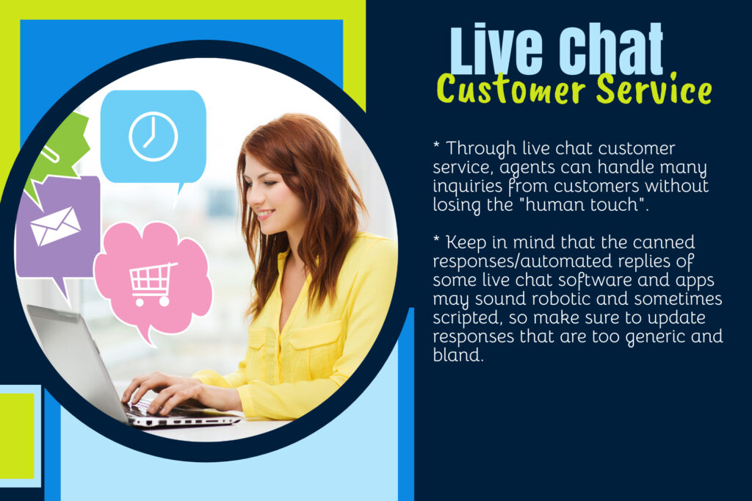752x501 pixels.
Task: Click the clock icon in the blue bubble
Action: pyautogui.click(x=153, y=137)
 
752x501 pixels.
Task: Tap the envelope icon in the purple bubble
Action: pyautogui.click(x=55, y=226)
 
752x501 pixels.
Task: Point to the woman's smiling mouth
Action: pyautogui.click(x=266, y=215)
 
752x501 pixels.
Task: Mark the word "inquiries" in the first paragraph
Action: pyautogui.click(x=463, y=186)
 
